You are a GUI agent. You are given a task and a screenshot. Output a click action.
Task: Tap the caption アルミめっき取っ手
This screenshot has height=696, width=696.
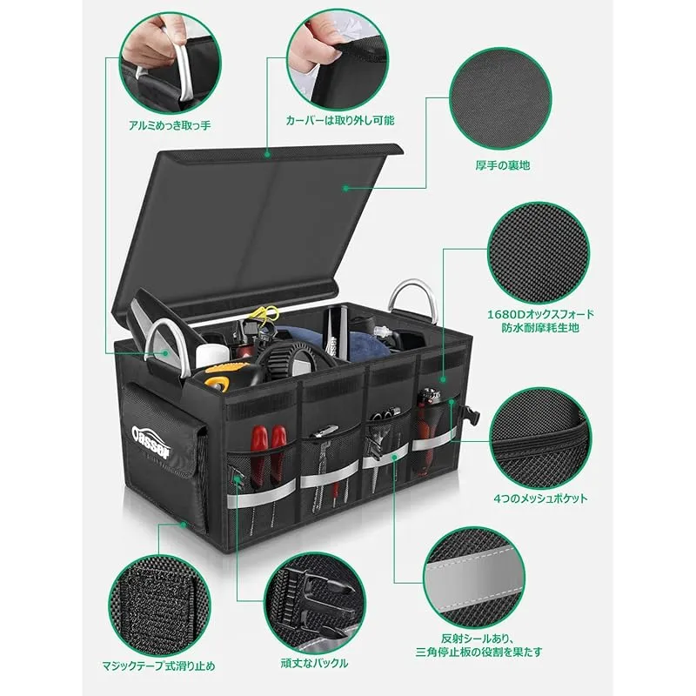tap(170, 125)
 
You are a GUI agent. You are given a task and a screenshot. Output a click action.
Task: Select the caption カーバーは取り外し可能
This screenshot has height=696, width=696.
tap(340, 120)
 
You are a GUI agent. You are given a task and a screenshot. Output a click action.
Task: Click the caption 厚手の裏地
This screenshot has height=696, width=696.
tap(503, 165)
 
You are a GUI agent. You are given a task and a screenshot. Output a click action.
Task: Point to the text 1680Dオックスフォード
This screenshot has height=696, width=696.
tap(540, 314)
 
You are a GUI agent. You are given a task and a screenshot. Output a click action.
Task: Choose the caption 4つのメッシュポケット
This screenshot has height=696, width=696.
tap(540, 498)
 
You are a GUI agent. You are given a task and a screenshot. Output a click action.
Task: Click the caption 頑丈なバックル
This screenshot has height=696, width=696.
tap(314, 663)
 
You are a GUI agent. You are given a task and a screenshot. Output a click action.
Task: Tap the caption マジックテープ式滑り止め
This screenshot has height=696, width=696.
tap(158, 666)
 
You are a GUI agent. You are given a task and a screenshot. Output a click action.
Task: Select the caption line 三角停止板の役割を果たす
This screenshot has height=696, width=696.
tap(479, 652)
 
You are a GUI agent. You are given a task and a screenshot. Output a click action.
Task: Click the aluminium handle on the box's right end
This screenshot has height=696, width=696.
tap(412, 298)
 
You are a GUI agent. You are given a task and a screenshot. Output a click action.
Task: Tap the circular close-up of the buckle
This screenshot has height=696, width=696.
tap(315, 603)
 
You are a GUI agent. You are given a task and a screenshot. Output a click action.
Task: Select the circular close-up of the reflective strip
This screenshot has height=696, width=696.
tap(473, 578)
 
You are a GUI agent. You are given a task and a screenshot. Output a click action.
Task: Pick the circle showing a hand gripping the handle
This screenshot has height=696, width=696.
tap(170, 63)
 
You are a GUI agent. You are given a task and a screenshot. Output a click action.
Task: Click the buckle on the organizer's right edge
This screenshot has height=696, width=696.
tap(470, 415)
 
